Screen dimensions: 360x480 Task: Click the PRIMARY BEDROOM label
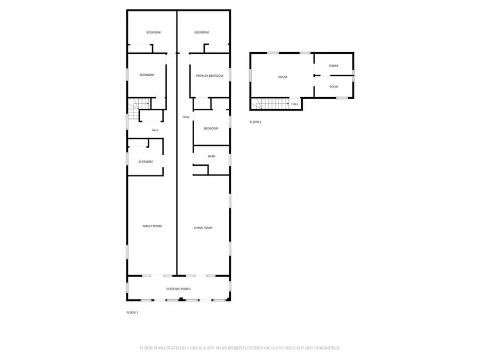click(209, 76)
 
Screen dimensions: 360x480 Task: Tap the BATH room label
click(211, 156)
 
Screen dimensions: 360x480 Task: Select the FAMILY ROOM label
click(152, 226)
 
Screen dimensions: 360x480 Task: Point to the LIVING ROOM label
click(203, 228)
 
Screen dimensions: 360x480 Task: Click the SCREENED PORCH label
click(179, 289)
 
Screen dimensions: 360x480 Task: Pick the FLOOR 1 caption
click(132, 312)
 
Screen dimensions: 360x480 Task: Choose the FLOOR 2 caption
click(255, 122)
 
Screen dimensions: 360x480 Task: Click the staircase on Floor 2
click(271, 104)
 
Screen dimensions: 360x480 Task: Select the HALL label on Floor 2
click(294, 104)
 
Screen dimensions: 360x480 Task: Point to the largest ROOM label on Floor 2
click(282, 77)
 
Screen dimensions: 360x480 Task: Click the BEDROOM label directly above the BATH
click(211, 128)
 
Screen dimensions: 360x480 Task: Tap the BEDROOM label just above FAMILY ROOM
click(146, 162)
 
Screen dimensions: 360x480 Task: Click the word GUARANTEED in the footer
click(324, 348)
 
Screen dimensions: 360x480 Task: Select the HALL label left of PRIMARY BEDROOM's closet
click(186, 117)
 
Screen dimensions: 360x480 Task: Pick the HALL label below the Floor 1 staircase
click(155, 130)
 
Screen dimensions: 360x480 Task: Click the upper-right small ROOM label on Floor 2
click(333, 66)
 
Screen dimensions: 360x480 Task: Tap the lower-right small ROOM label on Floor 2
click(333, 86)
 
